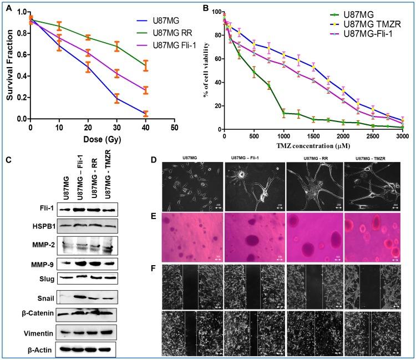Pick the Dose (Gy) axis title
point(102,138)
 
